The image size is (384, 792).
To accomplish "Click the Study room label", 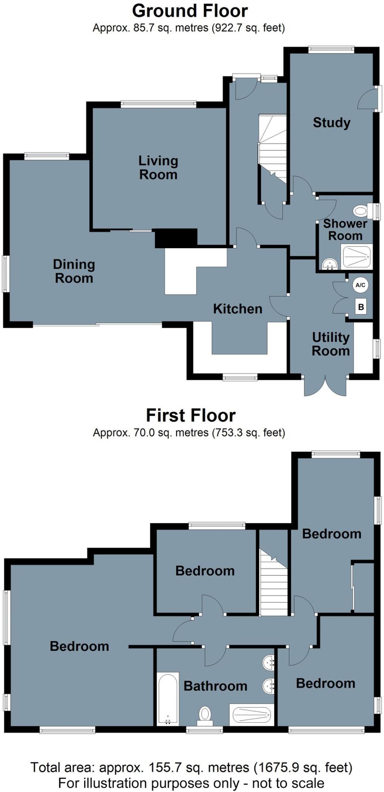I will (x=331, y=123).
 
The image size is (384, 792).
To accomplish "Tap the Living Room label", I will (x=158, y=167).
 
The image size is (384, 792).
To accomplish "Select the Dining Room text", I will (x=74, y=271).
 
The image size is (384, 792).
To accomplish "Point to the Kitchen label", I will (x=237, y=309).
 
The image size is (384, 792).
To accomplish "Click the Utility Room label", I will (x=331, y=344).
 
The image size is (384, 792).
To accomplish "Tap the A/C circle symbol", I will (x=360, y=285).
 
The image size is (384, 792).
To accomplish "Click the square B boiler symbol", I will (x=361, y=307).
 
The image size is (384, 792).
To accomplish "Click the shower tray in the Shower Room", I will (x=357, y=257).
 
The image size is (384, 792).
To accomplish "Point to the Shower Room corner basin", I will (x=329, y=265).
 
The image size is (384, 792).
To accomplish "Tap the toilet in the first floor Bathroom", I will (x=205, y=715).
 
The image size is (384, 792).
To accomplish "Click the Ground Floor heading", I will (x=190, y=11).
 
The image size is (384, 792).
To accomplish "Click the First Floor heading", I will (x=191, y=415).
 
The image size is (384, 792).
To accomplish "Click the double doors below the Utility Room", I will (x=325, y=385).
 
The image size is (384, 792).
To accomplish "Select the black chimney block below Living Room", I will (x=176, y=237).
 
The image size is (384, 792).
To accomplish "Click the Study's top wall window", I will (x=331, y=49).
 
